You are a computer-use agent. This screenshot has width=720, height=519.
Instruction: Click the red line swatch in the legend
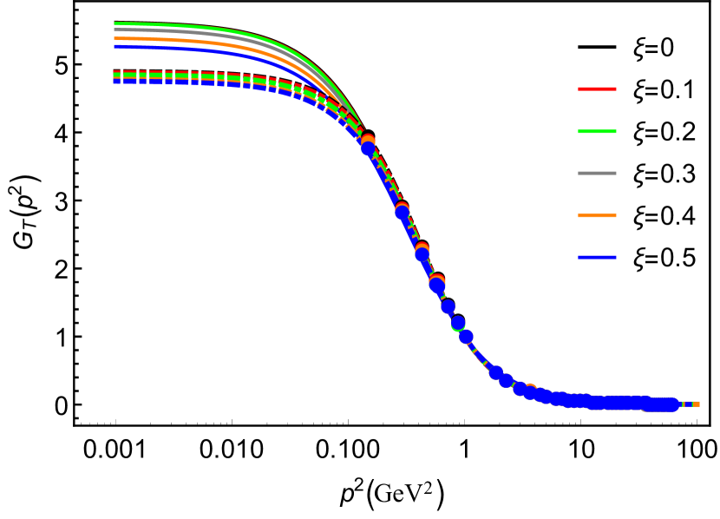click(x=597, y=89)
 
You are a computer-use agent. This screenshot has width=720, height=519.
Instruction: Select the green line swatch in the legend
click(x=597, y=131)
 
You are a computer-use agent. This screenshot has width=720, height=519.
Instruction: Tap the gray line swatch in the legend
click(x=597, y=173)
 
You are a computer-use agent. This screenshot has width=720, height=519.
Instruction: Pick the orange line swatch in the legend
click(x=597, y=215)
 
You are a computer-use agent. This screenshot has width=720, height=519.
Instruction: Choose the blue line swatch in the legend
click(x=597, y=257)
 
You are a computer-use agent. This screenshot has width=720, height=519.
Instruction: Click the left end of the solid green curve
click(x=115, y=23)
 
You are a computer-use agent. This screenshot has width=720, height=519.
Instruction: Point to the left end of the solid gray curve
click(x=115, y=30)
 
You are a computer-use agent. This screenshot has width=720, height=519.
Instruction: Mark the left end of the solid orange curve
click(x=115, y=38)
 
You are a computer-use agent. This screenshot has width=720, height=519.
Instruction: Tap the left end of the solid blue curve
click(x=115, y=47)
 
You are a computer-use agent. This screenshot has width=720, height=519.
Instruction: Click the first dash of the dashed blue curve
click(x=117, y=82)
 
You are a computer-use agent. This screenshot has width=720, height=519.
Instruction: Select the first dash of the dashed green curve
click(x=117, y=76)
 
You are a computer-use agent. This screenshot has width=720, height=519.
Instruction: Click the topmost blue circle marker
click(x=368, y=148)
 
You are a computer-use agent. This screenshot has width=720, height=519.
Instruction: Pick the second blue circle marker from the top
click(x=403, y=213)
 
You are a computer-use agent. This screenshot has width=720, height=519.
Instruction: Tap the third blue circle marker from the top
click(x=422, y=254)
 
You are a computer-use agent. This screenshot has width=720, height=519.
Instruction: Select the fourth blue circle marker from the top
click(x=437, y=286)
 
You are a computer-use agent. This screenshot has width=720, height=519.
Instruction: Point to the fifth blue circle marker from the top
click(x=448, y=306)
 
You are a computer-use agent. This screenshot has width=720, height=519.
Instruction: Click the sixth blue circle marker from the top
click(x=458, y=323)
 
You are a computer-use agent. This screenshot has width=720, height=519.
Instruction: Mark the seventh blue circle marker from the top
click(x=466, y=337)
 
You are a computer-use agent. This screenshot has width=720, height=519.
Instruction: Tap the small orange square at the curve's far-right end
click(x=696, y=404)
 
